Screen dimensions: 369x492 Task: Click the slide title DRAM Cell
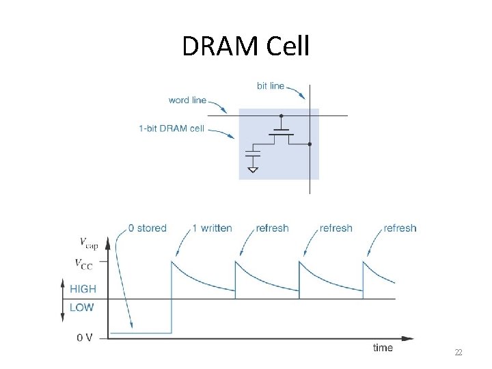[x=246, y=46]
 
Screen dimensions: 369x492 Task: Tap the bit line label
[x=271, y=86]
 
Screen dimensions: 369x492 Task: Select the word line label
[x=187, y=100]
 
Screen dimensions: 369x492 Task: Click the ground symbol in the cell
[x=253, y=168]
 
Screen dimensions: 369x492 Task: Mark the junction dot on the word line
[x=281, y=116]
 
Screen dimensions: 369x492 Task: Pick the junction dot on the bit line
[x=310, y=144]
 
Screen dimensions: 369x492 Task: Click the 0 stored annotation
[x=147, y=228]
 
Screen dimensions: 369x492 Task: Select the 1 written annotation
[x=212, y=228]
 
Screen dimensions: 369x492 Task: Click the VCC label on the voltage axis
[x=83, y=263]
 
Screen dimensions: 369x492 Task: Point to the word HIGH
[x=82, y=289]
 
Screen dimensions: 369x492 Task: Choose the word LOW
[x=82, y=307]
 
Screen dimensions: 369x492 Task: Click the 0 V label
[x=85, y=337]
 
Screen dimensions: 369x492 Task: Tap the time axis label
[x=383, y=348]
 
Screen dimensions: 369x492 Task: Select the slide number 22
[x=459, y=353]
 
